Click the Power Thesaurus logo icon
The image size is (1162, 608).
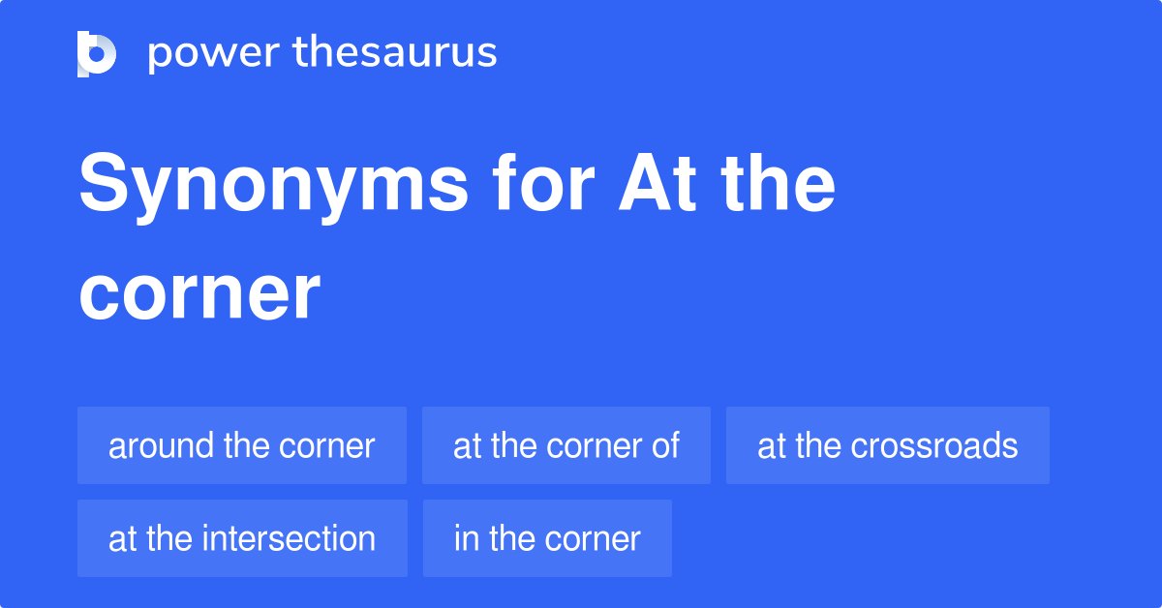tap(97, 53)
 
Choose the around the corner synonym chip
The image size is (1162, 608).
tap(242, 445)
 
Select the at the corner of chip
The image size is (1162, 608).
tap(566, 445)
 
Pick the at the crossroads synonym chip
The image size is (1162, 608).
tap(888, 445)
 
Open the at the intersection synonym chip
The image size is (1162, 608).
tap(242, 538)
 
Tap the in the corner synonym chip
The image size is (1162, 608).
tap(547, 538)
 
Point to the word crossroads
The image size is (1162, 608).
tap(935, 446)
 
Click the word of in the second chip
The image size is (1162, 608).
tap(664, 446)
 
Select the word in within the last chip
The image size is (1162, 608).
tap(467, 539)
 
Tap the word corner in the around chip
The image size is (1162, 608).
tap(327, 446)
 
